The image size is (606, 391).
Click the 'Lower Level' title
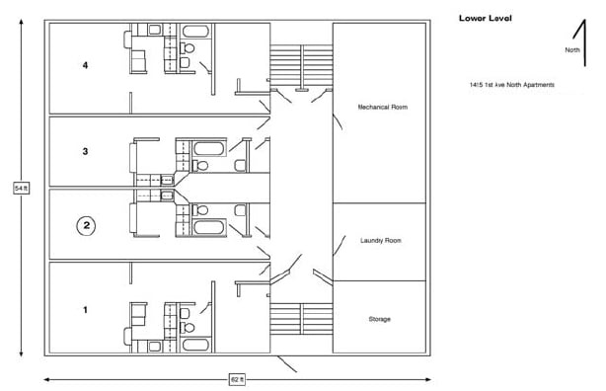click(x=485, y=18)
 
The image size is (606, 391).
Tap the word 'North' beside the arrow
click(x=571, y=49)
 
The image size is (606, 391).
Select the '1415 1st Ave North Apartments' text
click(x=512, y=85)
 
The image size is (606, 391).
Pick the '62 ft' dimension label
click(x=237, y=378)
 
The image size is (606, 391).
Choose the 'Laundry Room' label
click(x=380, y=240)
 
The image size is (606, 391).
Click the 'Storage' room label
click(x=380, y=319)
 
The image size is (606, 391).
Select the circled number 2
click(x=87, y=225)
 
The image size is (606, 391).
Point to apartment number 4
click(x=86, y=65)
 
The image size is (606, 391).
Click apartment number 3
click(x=86, y=151)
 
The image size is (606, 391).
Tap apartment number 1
click(x=86, y=310)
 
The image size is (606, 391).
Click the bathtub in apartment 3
click(x=208, y=150)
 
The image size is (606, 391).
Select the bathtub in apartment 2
click(x=208, y=228)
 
